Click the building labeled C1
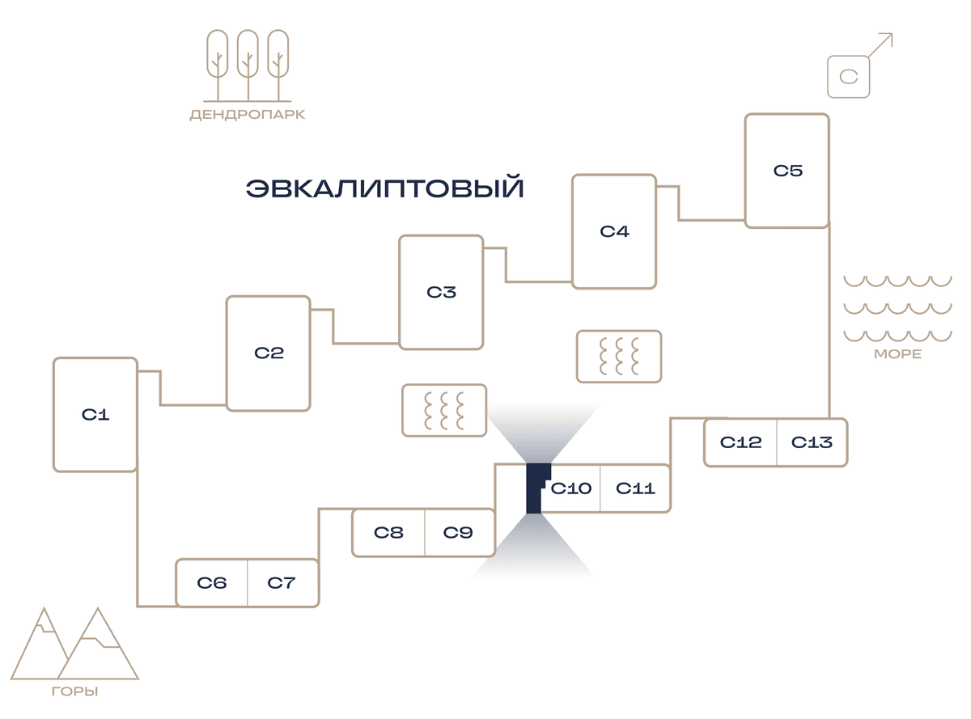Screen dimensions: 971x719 click(x=95, y=414)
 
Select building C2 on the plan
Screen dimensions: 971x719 click(x=269, y=353)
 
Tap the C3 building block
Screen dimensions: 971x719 click(x=441, y=292)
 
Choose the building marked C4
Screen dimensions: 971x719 click(x=614, y=231)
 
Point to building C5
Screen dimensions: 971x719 click(x=787, y=170)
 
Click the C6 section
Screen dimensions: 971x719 click(x=211, y=582)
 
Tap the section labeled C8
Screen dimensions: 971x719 click(x=388, y=532)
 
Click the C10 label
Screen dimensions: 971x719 click(x=571, y=488)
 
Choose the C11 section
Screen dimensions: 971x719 click(x=635, y=488)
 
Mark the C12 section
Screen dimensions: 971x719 click(x=740, y=442)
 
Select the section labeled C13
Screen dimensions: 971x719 click(x=812, y=442)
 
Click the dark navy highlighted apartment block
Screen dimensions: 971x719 click(x=534, y=488)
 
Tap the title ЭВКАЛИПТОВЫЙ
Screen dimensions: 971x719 click(x=384, y=188)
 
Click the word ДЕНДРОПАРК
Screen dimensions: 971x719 click(x=248, y=115)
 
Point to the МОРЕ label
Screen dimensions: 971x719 click(x=897, y=353)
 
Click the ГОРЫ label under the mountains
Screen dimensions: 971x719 click(x=75, y=692)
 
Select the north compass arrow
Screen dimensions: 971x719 click(x=880, y=45)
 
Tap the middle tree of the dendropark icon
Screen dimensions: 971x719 click(x=248, y=66)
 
